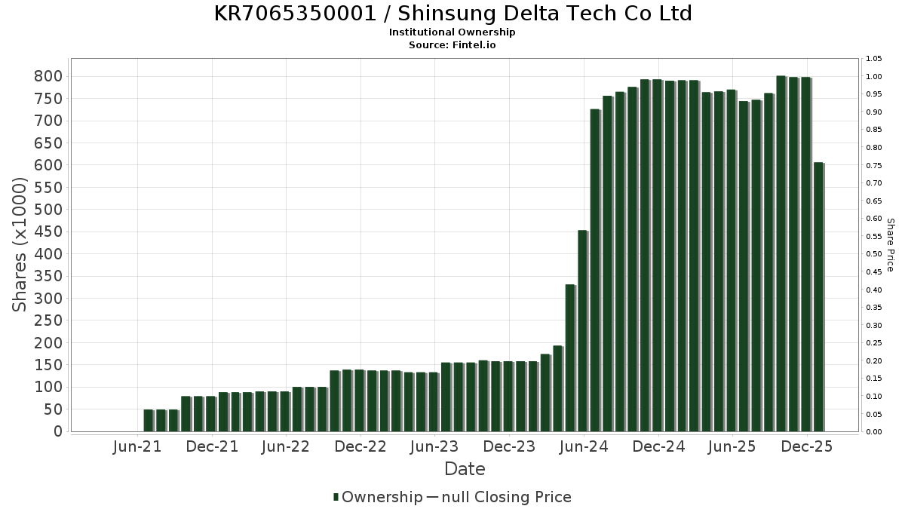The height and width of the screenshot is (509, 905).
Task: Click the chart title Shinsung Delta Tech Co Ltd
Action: (x=452, y=14)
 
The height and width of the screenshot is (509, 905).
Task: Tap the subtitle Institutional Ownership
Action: (x=452, y=32)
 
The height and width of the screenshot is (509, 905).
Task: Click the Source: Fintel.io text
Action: (x=452, y=45)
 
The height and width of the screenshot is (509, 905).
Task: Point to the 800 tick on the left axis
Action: (x=48, y=76)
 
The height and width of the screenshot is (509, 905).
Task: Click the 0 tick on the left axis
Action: (x=57, y=432)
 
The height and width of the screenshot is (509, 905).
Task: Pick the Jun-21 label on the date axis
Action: (x=137, y=447)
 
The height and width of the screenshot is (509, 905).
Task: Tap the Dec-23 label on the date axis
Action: (x=509, y=447)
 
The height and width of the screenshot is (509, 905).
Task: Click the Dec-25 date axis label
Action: (x=807, y=447)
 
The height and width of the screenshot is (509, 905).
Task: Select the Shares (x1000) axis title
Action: (x=20, y=244)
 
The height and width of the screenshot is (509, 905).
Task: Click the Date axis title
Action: (x=465, y=469)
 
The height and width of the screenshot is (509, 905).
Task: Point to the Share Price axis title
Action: (x=890, y=244)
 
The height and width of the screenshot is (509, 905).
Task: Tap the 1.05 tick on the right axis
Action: (x=874, y=59)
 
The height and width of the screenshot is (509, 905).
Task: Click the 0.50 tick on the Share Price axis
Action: (x=874, y=254)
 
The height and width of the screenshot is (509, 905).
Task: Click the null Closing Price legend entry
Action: (x=499, y=497)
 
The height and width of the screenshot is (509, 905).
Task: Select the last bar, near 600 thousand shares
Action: (x=818, y=297)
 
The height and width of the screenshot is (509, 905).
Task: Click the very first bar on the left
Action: (x=149, y=421)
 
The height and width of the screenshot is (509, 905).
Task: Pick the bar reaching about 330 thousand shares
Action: (x=570, y=358)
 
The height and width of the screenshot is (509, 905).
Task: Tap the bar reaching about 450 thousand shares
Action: (x=582, y=331)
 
